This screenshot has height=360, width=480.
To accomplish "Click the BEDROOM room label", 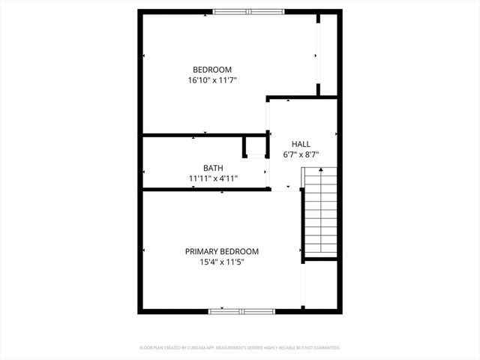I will pyautogui.click(x=212, y=70).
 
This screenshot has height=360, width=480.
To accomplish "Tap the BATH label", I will pyautogui.click(x=213, y=168).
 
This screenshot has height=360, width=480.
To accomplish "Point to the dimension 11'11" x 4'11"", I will pyautogui.click(x=213, y=178).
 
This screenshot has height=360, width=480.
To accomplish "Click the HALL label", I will pyautogui.click(x=301, y=144).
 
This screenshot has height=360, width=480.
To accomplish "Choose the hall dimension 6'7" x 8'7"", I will pyautogui.click(x=301, y=154).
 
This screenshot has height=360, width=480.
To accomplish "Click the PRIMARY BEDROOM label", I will pyautogui.click(x=222, y=252).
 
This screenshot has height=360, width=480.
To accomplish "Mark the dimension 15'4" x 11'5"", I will pyautogui.click(x=222, y=262).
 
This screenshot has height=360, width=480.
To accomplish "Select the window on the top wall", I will pyautogui.click(x=248, y=11).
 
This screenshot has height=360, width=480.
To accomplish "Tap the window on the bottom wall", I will pyautogui.click(x=242, y=310).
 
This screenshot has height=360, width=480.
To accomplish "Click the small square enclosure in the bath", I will pyautogui.click(x=255, y=146).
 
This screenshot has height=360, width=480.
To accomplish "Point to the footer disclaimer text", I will pyautogui.click(x=240, y=348).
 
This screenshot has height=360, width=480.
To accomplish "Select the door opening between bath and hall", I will pyautogui.click(x=268, y=172).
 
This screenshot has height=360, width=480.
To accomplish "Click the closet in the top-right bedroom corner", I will pyautogui.click(x=328, y=52).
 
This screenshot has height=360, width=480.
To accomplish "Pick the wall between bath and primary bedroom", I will pyautogui.click(x=206, y=190).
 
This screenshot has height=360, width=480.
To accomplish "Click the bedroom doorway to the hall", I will pyautogui.click(x=268, y=116).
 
